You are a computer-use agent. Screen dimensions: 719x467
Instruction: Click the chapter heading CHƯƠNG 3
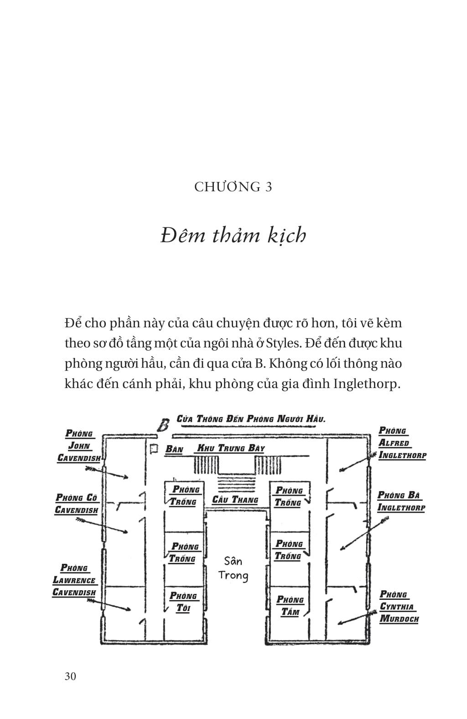point(233,187)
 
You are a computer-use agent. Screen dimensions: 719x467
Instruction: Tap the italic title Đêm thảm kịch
point(233,236)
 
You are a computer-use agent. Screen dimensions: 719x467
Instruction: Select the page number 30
point(71,676)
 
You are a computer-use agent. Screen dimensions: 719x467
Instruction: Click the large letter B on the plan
point(163,425)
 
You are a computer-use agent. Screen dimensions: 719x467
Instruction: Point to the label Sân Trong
point(233,568)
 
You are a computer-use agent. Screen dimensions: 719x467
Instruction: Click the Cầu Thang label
point(235,499)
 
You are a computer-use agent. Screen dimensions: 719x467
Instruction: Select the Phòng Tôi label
point(183,602)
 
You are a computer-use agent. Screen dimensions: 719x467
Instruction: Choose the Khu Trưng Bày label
point(230,448)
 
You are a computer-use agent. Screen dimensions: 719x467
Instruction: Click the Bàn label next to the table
point(174,449)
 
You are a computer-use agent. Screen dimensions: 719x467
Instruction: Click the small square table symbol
point(153,449)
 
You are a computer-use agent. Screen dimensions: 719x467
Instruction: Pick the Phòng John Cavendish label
point(79,446)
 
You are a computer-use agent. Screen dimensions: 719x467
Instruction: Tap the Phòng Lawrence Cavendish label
point(74,580)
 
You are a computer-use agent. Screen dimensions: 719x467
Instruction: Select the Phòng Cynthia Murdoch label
point(399,607)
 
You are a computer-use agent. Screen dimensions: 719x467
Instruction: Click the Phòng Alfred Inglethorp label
point(401,443)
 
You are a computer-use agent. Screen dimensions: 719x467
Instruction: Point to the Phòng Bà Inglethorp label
point(401,501)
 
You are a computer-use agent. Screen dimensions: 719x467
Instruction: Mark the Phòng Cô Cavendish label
point(77,504)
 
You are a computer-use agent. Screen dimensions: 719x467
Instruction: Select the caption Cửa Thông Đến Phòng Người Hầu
point(251,419)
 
